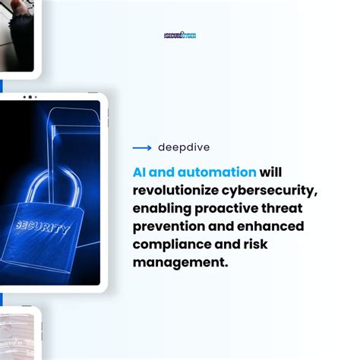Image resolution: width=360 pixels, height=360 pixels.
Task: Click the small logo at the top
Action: [180, 35]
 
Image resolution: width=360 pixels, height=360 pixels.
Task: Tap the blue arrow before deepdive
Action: [142, 147]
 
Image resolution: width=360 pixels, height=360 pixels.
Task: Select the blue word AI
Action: [141, 172]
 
